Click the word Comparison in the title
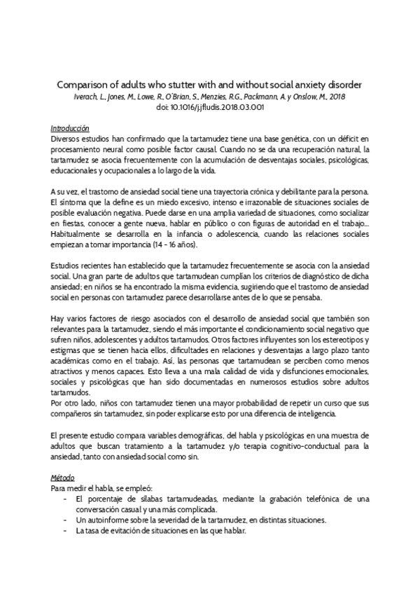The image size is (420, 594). pos(83,83)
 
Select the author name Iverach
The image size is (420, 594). pos(87,96)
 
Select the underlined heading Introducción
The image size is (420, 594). pos(70,129)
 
